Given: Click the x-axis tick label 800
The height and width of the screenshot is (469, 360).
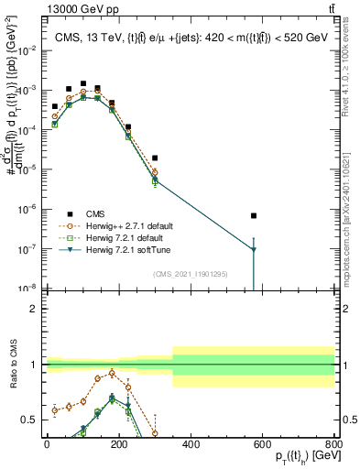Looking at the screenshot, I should (x=334, y=444).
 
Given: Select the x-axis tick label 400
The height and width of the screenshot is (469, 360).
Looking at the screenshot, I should (x=191, y=444).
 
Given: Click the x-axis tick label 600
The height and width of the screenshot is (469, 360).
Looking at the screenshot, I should (x=263, y=444).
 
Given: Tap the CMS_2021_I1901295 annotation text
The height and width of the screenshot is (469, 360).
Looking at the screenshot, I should (x=190, y=274).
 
